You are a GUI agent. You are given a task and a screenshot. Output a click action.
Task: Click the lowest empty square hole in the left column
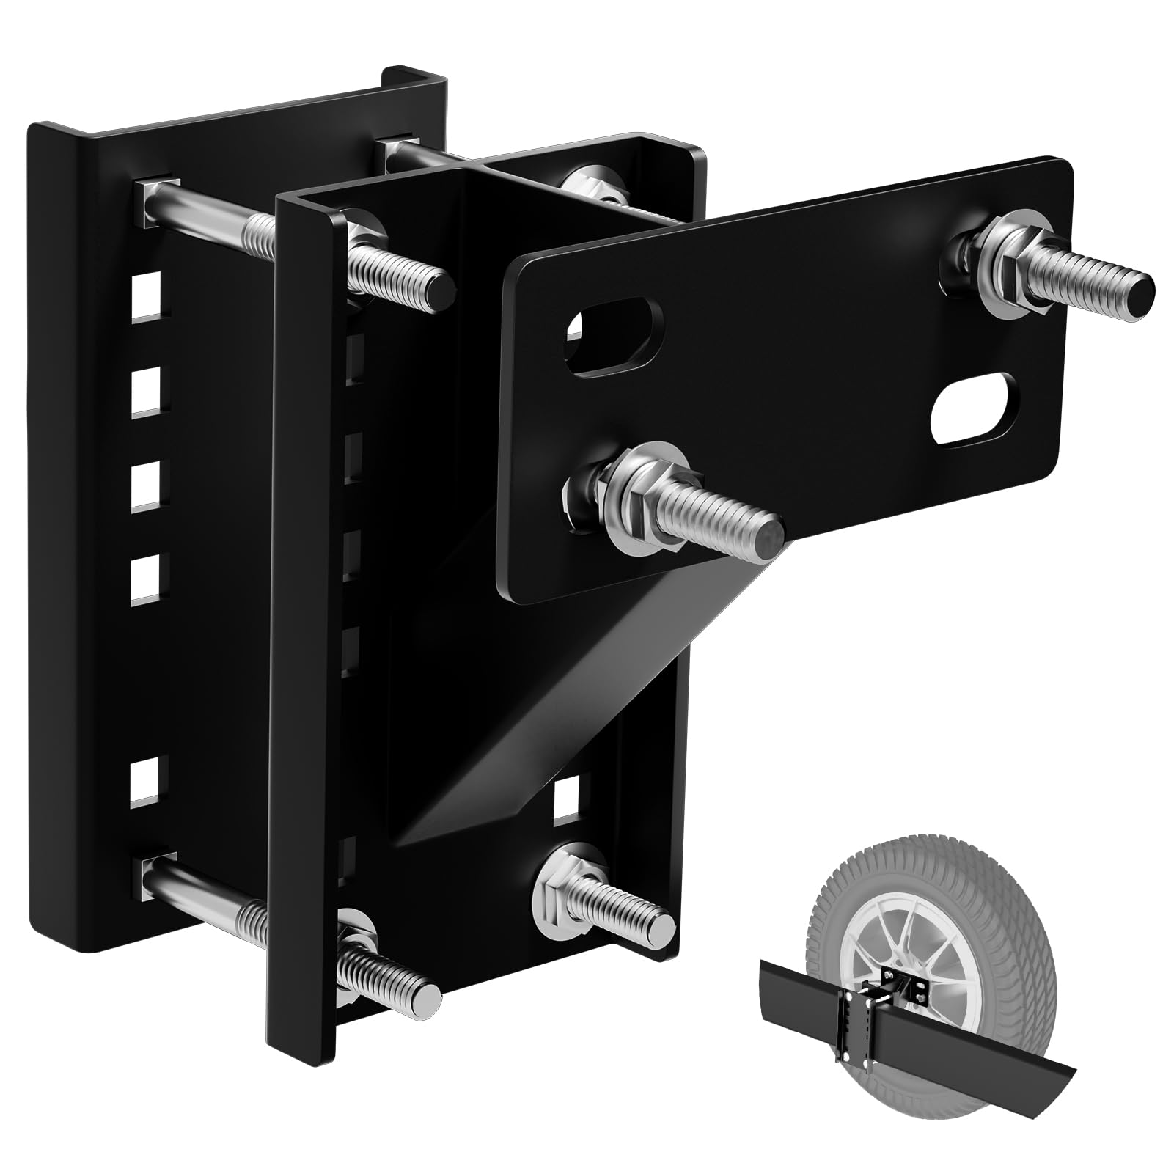pos(147,782)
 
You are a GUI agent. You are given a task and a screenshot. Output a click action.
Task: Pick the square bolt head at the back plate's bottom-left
pos(157,868)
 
